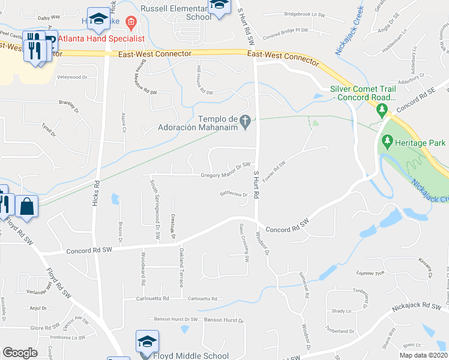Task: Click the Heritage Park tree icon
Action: [387, 142]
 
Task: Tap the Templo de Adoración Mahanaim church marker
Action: [245, 122]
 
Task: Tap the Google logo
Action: [20, 352]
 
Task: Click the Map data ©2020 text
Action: [423, 355]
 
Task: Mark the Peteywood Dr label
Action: [72, 77]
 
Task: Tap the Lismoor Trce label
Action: [370, 272]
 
